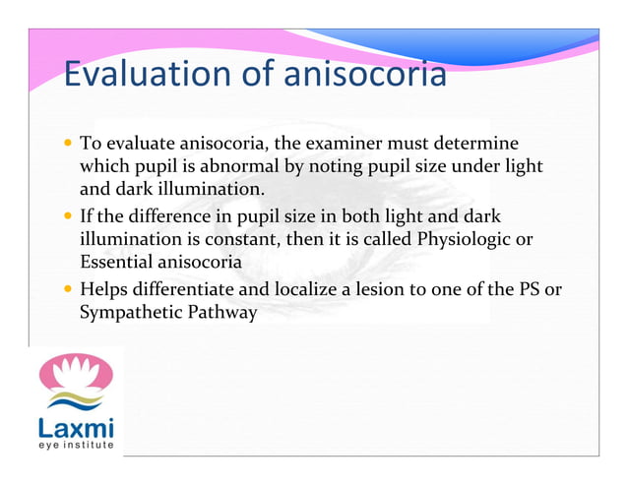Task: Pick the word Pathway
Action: point(218,313)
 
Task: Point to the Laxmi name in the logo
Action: point(76,429)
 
